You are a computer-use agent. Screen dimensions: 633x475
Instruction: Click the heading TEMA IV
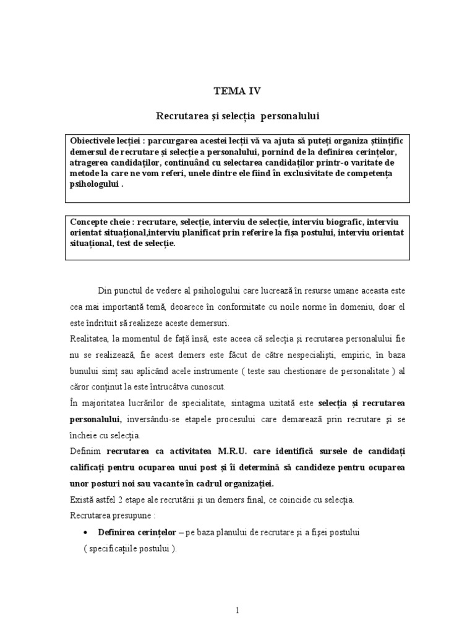point(237,91)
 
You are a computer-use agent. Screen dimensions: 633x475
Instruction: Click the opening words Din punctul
point(121,291)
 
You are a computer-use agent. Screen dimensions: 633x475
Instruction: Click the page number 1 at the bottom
point(237,611)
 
